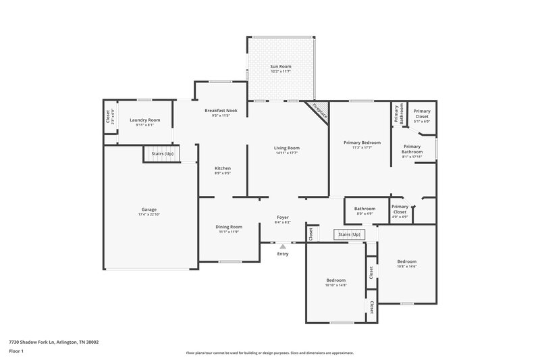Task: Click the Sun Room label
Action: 281,67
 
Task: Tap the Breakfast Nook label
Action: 221,109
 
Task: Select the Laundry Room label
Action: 145,120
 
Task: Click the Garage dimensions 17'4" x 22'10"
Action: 149,214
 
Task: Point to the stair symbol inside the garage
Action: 157,154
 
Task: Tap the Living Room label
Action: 286,147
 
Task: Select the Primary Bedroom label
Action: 362,142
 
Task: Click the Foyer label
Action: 283,217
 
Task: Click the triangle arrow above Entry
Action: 283,247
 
